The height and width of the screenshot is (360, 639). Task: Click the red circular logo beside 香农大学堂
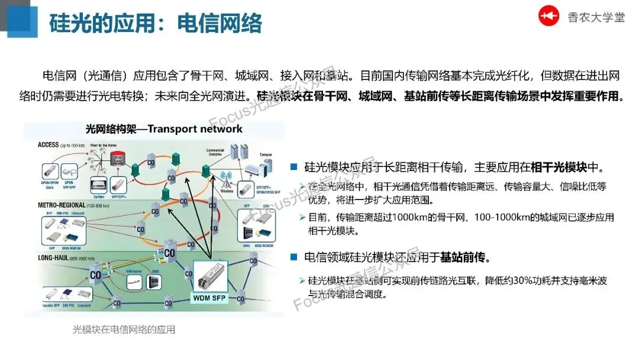548,16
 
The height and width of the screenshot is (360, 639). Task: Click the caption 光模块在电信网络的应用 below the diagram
124,330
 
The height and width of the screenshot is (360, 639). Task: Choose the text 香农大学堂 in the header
596,17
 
